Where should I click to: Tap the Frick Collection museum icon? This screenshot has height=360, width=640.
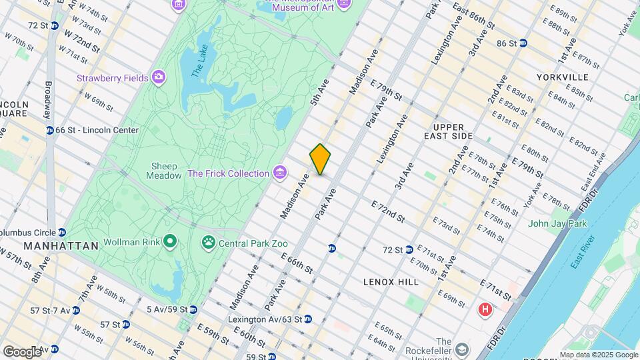click(281, 173)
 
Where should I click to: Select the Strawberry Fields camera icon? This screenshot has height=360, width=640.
click(159, 78)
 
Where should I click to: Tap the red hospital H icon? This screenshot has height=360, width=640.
click(485, 309)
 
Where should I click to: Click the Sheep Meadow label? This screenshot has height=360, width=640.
click(164, 171)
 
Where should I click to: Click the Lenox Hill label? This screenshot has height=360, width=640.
click(391, 282)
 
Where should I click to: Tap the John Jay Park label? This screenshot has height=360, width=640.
click(557, 223)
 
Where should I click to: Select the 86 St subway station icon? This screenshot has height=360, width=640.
click(523, 43)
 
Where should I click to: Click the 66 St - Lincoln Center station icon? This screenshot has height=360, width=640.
click(49, 130)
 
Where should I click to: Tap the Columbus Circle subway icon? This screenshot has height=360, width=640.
click(61, 232)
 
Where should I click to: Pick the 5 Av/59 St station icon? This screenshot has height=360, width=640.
click(193, 309)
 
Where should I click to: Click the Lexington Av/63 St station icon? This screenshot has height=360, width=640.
click(308, 319)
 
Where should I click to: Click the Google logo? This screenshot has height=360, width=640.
click(21, 352)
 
